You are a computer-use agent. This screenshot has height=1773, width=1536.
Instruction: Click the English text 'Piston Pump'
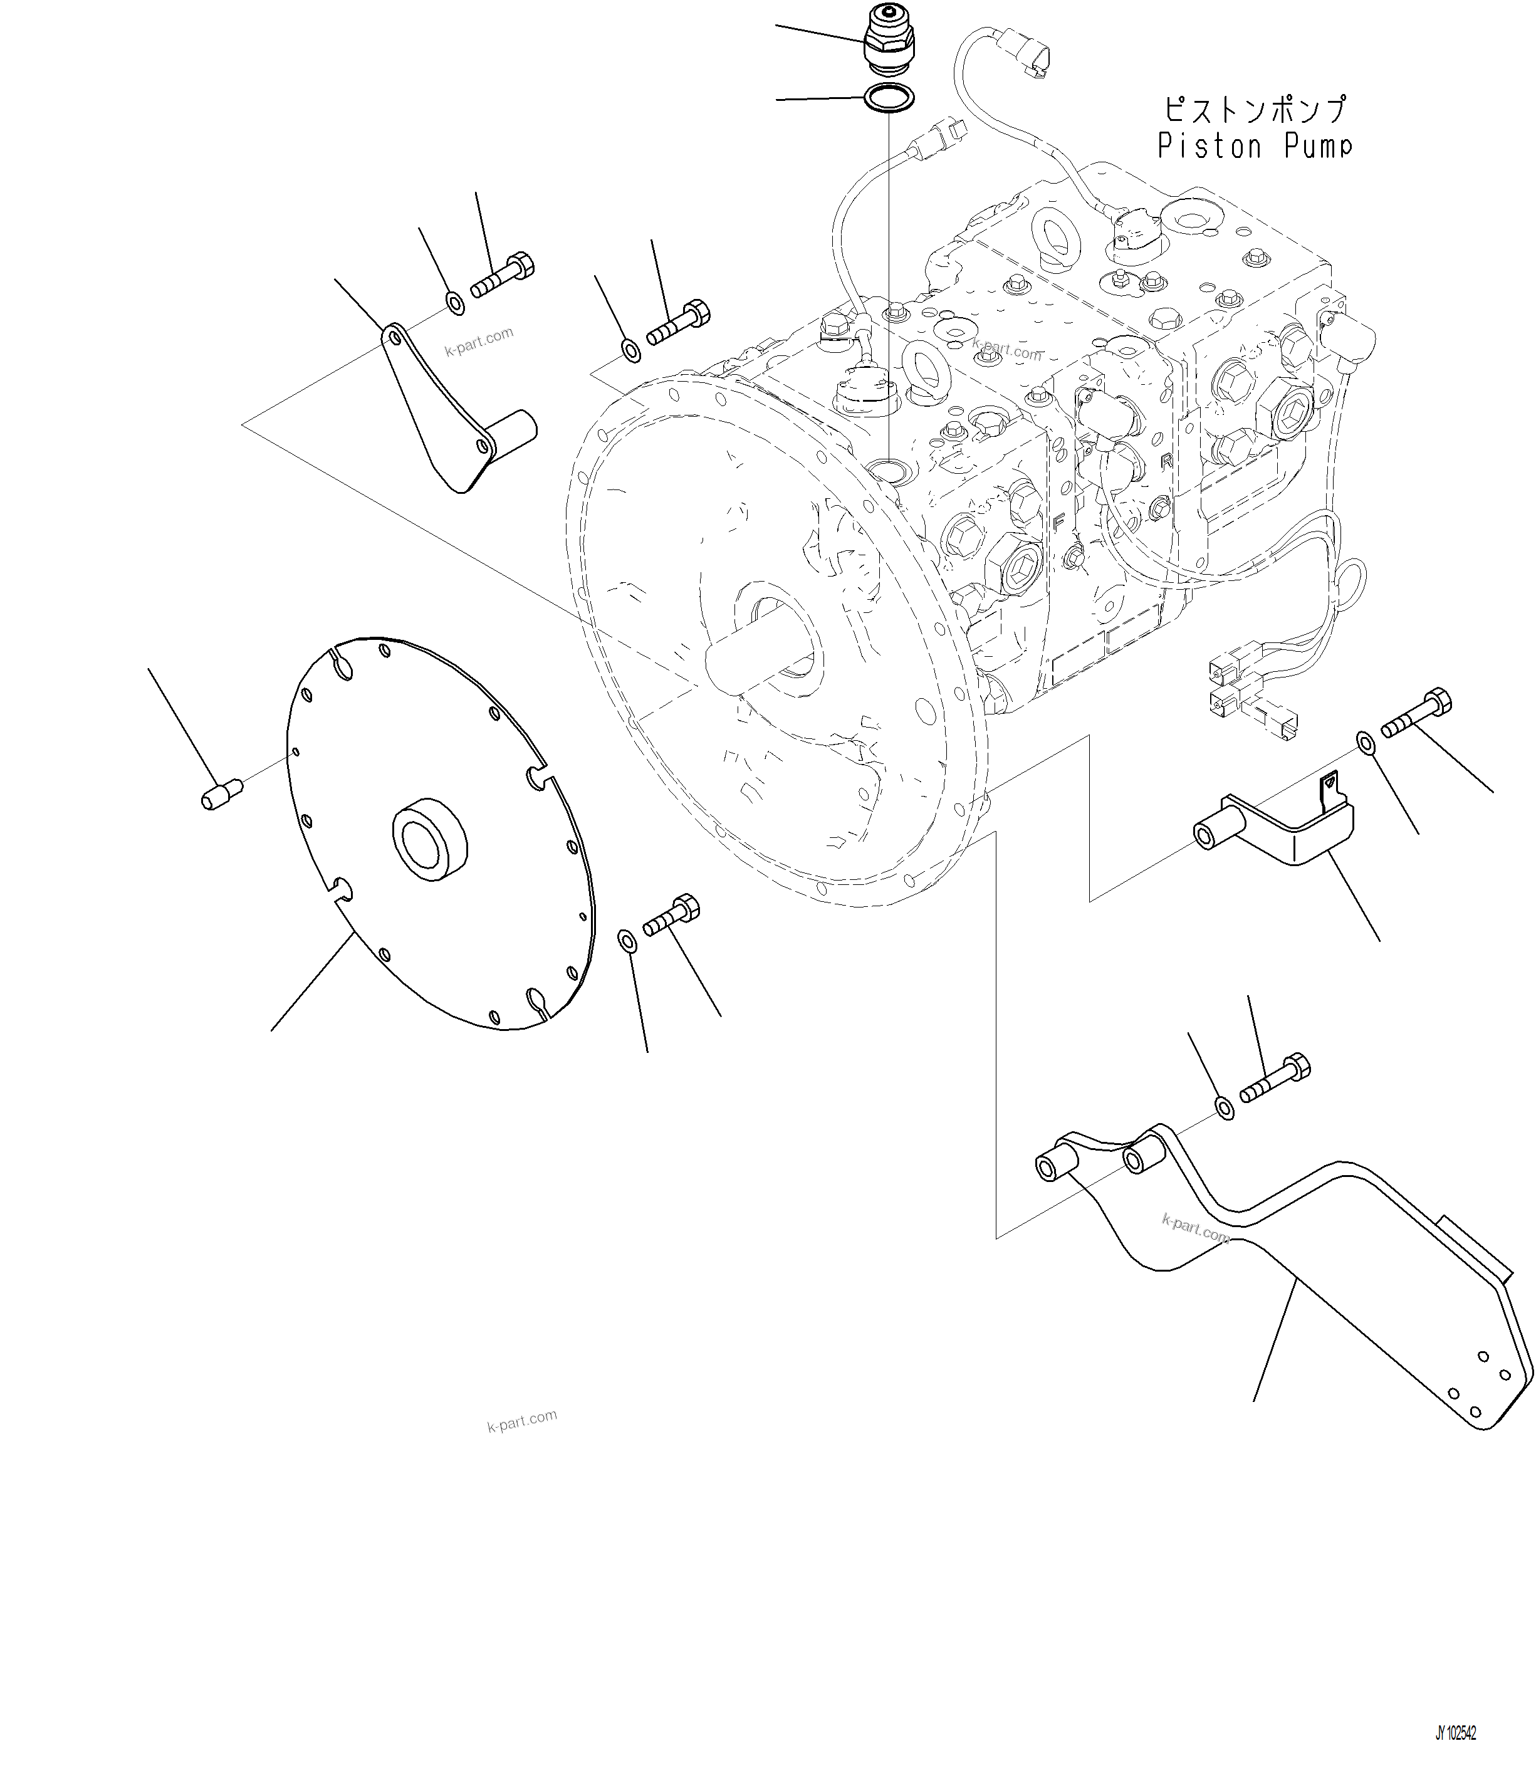pos(1254,147)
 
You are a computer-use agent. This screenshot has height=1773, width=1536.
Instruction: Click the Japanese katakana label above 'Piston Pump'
pos(1254,110)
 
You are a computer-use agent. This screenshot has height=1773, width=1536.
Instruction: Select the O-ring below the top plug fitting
pos(889,98)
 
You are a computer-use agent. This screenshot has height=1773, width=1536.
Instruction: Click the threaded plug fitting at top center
pos(889,39)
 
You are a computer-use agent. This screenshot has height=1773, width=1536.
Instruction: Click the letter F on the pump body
pos(1060,520)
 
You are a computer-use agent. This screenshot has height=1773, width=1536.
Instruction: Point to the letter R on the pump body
pos(1166,461)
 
